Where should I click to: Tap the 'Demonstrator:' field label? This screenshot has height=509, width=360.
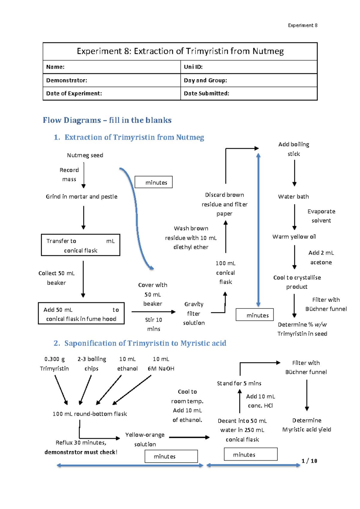67,80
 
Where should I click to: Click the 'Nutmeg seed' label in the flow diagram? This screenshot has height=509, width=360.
85,155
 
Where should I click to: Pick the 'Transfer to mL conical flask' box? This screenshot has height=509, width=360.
80,245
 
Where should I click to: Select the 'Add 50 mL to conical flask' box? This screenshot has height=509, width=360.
81,314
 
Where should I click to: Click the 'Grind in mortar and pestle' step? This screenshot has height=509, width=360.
82,197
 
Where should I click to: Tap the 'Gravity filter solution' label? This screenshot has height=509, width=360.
194,314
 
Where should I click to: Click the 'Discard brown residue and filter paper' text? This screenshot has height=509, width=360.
224,204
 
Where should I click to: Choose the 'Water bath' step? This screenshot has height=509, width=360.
293,197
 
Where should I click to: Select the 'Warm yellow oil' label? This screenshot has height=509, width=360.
294,237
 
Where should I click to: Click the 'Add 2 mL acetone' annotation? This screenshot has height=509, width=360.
321,257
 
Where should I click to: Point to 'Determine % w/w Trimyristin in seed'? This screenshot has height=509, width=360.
302,329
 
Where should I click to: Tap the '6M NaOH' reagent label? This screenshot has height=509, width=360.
161,369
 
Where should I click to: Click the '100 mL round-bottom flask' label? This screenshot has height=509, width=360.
90,414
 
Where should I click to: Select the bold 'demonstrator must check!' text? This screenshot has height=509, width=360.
81,452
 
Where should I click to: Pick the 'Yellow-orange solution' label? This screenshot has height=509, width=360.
145,439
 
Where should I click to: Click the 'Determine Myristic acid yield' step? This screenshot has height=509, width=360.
307,425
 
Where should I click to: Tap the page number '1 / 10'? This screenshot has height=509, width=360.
309,461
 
